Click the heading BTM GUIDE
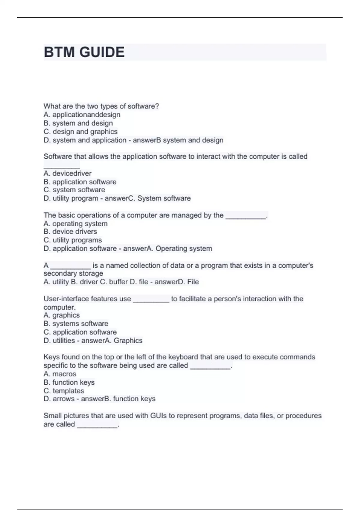(x=84, y=52)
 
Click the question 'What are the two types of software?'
(x=101, y=106)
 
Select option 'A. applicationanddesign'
(x=82, y=115)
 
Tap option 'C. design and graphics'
(x=80, y=132)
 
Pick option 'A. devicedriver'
(x=67, y=173)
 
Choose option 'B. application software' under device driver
(x=80, y=182)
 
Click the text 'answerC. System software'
(x=148, y=198)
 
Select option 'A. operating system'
(x=75, y=224)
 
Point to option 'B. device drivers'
(x=70, y=232)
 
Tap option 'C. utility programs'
(x=73, y=240)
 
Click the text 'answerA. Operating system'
(x=167, y=248)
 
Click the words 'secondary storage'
(x=73, y=273)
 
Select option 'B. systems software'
(x=76, y=324)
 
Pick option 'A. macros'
(x=60, y=374)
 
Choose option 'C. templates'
(x=64, y=391)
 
